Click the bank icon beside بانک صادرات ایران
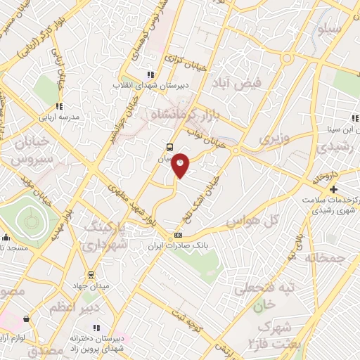178,235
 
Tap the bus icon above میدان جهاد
91,274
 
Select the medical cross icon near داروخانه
333,189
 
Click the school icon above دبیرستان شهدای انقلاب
150,75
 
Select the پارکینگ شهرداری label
108,237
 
